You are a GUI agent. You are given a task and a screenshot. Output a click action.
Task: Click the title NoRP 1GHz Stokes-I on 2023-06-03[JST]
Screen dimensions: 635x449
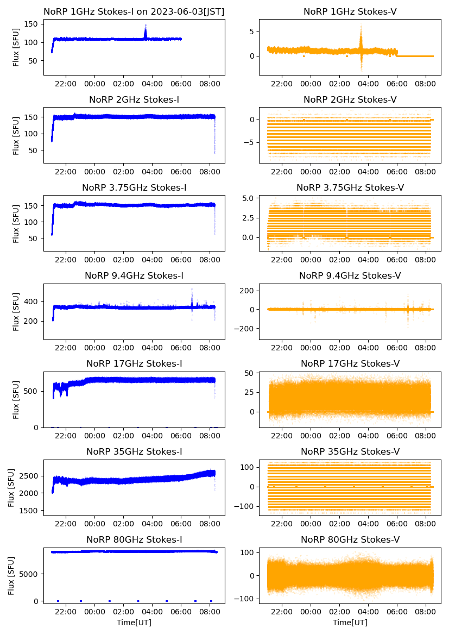(x=134, y=11)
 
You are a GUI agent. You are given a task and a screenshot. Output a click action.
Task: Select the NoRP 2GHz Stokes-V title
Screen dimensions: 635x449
(x=350, y=99)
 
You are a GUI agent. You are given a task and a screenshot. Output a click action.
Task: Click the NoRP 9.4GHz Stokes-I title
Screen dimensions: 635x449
(x=134, y=275)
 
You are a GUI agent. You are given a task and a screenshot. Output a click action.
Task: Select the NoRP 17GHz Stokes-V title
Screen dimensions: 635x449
(x=350, y=363)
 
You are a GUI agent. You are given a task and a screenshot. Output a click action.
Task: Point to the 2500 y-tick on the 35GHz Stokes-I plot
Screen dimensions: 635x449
(x=29, y=476)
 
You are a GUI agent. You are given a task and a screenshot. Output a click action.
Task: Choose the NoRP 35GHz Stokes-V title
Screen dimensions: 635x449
(x=350, y=451)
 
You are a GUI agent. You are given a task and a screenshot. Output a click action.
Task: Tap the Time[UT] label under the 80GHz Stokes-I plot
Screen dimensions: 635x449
(x=134, y=623)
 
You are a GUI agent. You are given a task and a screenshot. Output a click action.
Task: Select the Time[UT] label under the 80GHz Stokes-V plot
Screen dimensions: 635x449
(x=350, y=623)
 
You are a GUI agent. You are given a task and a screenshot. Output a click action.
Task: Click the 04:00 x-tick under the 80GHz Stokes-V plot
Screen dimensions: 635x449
(x=368, y=612)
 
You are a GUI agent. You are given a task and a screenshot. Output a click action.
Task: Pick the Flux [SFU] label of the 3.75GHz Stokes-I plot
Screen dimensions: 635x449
(x=16, y=224)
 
